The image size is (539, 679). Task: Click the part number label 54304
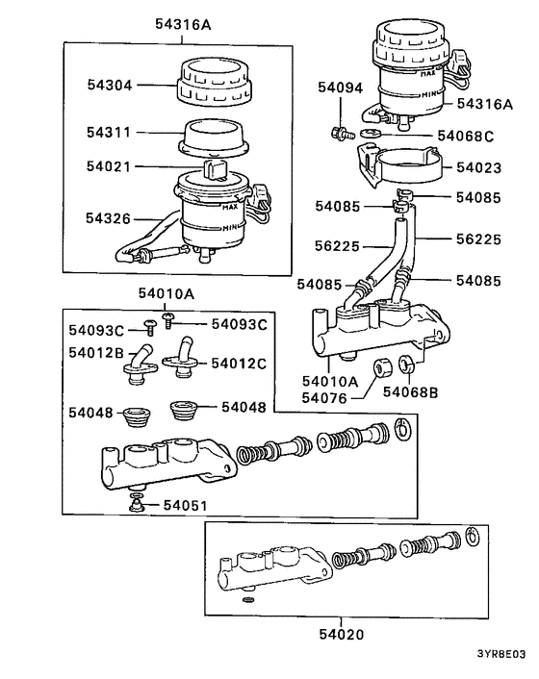pyautogui.click(x=109, y=85)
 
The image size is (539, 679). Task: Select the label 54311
pyautogui.click(x=109, y=132)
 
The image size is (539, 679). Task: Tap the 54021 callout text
pyautogui.click(x=109, y=166)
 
